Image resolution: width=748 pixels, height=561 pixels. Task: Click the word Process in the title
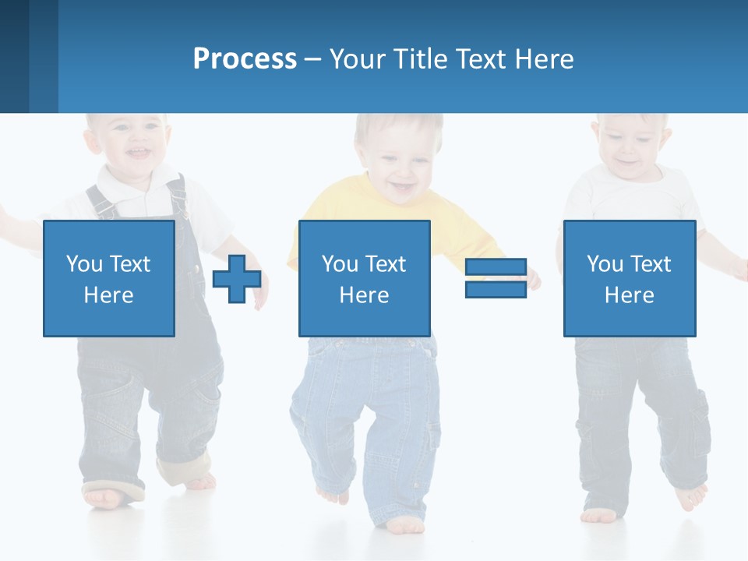[245, 59]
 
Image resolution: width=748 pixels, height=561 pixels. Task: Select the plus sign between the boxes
[237, 278]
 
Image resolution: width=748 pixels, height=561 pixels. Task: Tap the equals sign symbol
[496, 278]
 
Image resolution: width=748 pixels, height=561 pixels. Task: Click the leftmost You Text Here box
[108, 278]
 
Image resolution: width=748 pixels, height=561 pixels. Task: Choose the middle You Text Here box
[364, 278]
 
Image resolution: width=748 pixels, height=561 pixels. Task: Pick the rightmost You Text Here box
[629, 278]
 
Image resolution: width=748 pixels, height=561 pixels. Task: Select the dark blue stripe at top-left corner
[14, 56]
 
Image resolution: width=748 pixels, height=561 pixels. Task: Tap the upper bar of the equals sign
[496, 267]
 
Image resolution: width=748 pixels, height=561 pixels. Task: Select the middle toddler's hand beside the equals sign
[533, 279]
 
